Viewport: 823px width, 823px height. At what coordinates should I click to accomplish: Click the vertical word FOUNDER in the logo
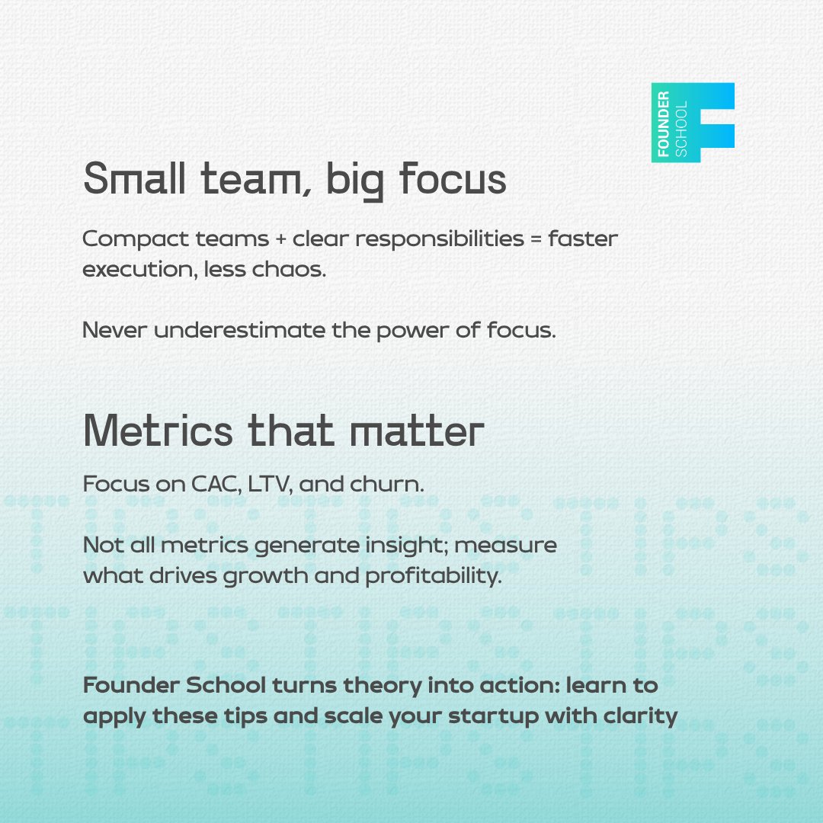[664, 122]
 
